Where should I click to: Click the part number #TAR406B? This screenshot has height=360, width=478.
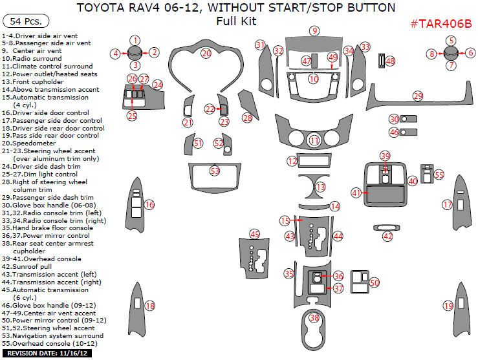441,24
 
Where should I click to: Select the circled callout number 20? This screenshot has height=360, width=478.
206,53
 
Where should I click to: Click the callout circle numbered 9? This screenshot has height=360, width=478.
314,30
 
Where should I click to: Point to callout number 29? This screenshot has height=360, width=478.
418,96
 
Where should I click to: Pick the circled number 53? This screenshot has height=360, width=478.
215,171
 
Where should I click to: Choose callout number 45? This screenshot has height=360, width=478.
255,234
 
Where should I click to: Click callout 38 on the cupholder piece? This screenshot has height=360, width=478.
314,318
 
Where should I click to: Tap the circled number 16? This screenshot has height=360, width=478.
149,205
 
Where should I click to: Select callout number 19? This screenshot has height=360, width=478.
448,306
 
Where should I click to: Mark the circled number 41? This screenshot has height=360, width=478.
356,193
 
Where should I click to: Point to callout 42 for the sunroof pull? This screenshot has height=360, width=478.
387,237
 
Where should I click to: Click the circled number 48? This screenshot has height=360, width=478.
391,61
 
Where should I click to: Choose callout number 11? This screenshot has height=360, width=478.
314,140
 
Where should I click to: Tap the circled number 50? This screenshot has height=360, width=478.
375,282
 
